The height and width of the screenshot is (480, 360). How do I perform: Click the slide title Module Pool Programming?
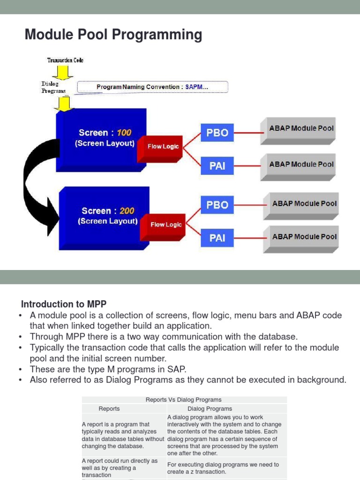[x=113, y=35]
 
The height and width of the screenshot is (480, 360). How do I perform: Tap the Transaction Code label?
[x=65, y=60]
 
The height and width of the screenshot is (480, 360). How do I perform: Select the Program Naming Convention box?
[x=152, y=87]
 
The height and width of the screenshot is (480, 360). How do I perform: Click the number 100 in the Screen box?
[x=124, y=133]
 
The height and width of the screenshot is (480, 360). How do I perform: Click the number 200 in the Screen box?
[x=127, y=211]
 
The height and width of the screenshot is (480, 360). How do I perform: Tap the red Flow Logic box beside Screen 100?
[x=163, y=146]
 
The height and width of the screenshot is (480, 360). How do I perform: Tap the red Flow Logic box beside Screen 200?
[x=165, y=225]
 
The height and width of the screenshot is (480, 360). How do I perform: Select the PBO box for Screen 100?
[x=217, y=133]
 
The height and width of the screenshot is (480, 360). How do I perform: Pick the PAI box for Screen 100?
[x=217, y=166]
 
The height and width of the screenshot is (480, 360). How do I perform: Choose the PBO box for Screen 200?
[x=217, y=205]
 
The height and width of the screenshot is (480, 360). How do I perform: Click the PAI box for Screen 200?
[x=217, y=238]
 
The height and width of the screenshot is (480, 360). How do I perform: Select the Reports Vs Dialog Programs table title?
[x=184, y=400]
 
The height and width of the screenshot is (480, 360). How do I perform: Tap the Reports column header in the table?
[x=109, y=409]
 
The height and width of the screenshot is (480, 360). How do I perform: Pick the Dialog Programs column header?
[x=210, y=409]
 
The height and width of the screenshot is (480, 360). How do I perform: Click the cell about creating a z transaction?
[x=223, y=468]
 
